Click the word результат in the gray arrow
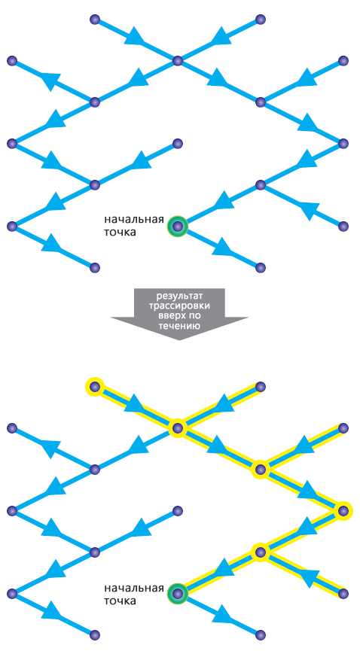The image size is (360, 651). click(179, 297)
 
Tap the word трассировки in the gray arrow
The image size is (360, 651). click(179, 307)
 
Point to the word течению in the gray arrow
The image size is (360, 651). click(179, 327)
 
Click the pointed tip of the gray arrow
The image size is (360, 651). click(179, 340)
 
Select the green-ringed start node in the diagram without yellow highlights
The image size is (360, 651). click(178, 227)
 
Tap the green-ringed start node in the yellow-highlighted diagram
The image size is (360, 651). click(178, 594)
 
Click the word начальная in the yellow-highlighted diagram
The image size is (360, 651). click(134, 588)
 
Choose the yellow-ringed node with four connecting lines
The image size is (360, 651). click(178, 428)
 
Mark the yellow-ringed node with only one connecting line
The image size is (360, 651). click(95, 387)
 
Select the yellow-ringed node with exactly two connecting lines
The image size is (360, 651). click(343, 511)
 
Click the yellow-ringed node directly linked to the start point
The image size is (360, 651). click(261, 552)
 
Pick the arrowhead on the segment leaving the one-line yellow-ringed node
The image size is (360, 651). click(133, 405)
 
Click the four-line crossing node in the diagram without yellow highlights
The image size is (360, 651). click(178, 61)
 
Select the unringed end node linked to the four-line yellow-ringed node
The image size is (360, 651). click(261, 387)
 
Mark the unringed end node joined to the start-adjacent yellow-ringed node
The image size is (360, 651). click(343, 594)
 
